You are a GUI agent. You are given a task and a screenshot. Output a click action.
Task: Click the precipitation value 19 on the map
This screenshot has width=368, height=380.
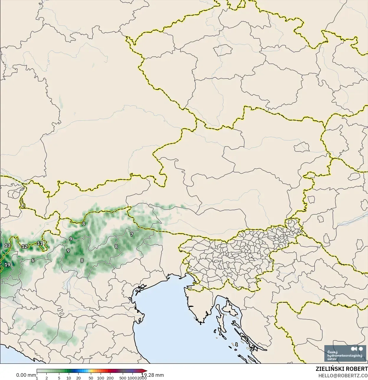pos(7,265)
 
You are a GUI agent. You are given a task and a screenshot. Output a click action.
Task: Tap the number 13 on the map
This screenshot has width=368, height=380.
pos(7,245)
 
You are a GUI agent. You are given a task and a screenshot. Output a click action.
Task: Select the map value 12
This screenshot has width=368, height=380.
pos(24,246)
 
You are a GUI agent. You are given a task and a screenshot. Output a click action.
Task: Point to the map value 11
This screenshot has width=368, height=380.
pos(40,243)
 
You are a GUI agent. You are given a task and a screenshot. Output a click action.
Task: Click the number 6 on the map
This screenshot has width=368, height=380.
pos(33,260)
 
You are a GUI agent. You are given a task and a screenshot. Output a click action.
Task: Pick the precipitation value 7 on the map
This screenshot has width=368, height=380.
pos(132,234)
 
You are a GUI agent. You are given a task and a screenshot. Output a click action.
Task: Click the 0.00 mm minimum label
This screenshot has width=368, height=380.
pos(26,375)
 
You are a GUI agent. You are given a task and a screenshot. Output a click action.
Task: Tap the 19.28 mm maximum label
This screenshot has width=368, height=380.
pos(153,375)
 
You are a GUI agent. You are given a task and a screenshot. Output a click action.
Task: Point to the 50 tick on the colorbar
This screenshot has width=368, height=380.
pos(91,378)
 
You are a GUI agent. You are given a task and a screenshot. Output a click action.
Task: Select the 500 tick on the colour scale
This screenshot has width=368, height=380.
pos(123,378)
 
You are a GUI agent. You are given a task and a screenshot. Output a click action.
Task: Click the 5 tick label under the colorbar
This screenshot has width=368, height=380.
pos(59,378)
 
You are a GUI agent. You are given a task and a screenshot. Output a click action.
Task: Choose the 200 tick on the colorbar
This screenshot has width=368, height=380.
pos(110,378)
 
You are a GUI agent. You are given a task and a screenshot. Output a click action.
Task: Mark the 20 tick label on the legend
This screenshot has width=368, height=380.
pos(78,378)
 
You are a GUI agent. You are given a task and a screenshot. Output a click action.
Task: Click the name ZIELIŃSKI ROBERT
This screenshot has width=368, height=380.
pos(342,369)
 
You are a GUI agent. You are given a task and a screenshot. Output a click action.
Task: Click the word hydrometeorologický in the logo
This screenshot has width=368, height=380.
pos(345,355)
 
